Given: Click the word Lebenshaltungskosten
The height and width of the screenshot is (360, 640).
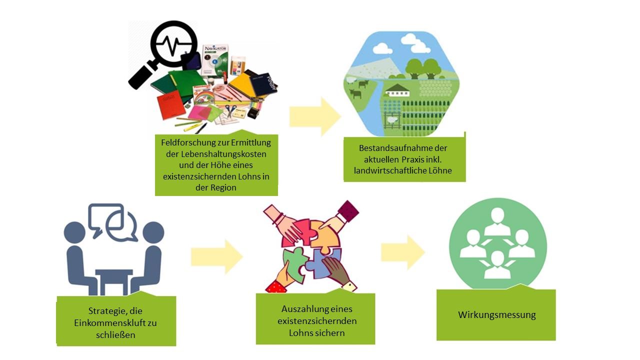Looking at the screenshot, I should coord(216,154).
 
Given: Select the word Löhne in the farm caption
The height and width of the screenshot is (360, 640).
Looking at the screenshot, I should coord(440,171).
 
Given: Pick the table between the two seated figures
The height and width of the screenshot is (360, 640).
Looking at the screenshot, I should coord(113,280).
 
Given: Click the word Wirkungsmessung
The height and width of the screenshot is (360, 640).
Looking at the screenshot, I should coord(496,315).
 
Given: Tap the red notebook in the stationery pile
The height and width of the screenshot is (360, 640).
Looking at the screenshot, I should coord(171,106).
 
